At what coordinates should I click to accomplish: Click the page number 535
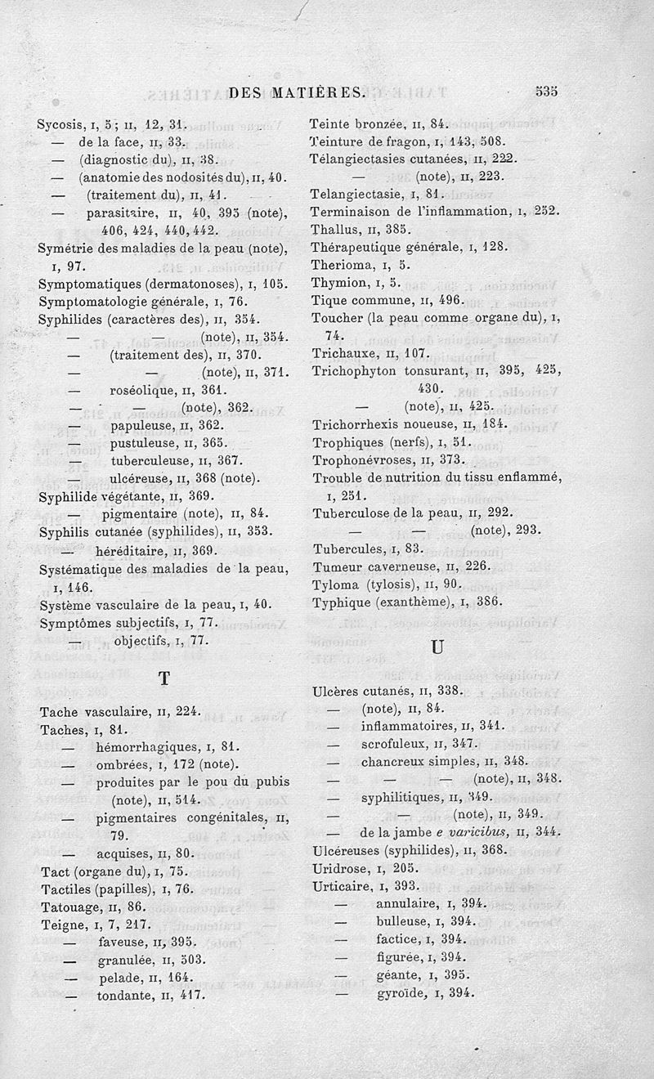coord(546,92)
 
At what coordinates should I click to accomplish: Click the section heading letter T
coord(164,678)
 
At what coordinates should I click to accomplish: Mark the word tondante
coord(126,996)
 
